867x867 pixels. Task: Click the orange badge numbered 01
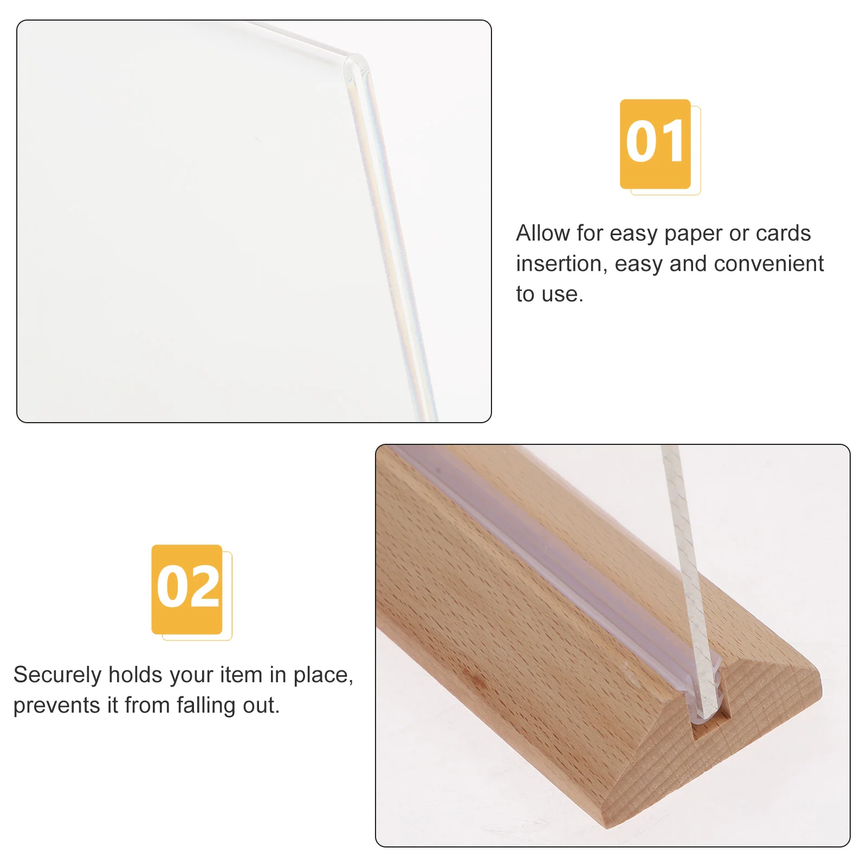coord(655,144)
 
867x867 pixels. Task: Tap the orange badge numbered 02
coord(187,589)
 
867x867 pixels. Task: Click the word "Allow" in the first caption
coord(543,234)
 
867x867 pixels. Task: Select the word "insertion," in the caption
coord(562,264)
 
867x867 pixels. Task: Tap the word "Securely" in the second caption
coord(57,675)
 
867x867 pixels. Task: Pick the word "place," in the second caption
coord(323,675)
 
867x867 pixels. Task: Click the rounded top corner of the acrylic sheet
coord(358,62)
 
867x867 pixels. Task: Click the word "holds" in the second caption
coord(135,675)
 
